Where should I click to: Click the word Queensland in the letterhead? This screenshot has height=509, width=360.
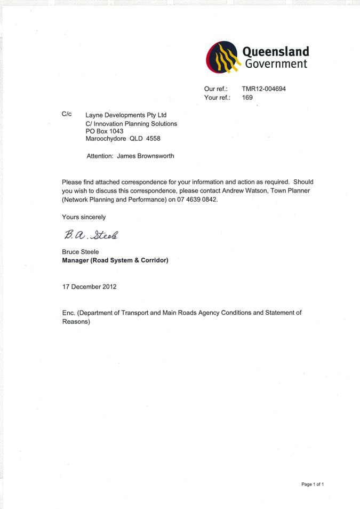tap(276, 52)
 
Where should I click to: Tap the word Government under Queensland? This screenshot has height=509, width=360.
tap(276, 64)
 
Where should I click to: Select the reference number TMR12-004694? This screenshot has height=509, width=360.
tap(263, 89)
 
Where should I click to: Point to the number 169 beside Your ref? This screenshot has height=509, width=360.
tap(247, 98)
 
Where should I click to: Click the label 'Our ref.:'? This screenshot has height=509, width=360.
tap(216, 89)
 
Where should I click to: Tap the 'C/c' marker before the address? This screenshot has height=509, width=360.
tap(67, 114)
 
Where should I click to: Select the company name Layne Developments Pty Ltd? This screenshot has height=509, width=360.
tap(126, 115)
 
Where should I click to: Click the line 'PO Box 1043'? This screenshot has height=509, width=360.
tap(105, 131)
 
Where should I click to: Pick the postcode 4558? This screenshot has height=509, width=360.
tap(153, 139)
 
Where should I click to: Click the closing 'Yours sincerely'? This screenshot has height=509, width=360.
tap(84, 217)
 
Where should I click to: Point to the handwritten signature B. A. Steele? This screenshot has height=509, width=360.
tap(91, 234)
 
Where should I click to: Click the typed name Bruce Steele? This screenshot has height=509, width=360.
tap(81, 252)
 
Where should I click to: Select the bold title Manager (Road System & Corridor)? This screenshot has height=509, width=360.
tap(115, 260)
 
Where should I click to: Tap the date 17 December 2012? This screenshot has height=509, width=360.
tap(89, 287)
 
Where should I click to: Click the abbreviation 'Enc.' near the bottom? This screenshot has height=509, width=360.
tap(69, 313)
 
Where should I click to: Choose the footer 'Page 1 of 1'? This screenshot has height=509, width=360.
tap(313, 484)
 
